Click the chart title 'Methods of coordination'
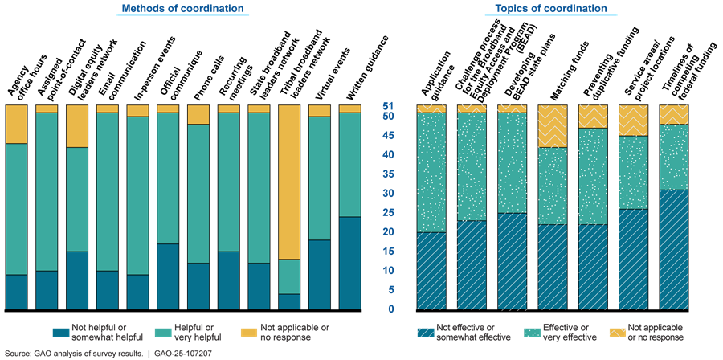(x=182, y=9)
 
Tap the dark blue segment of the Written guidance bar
(x=350, y=263)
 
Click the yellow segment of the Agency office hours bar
(x=16, y=124)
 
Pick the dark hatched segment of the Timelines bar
(x=674, y=249)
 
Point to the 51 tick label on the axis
(x=387, y=105)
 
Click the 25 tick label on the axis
(x=387, y=213)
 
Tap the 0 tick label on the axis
(x=390, y=309)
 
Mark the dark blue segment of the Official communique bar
(x=168, y=276)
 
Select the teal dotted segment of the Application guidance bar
(x=431, y=172)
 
